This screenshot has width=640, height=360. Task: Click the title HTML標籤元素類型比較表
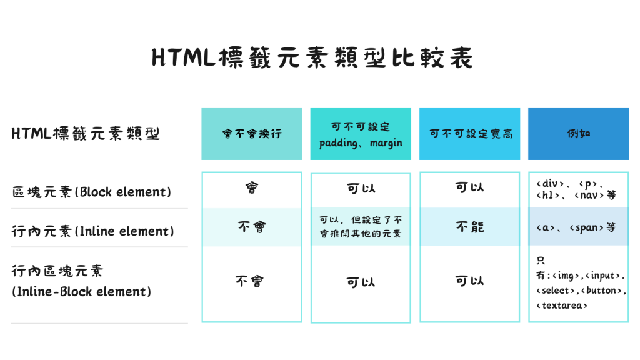[312, 57]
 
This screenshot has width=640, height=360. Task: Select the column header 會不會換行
[252, 133]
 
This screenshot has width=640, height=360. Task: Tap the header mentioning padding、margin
[361, 134]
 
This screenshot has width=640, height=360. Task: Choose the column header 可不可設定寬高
[470, 134]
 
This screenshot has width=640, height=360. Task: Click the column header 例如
[578, 134]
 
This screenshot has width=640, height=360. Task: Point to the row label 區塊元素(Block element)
[91, 192]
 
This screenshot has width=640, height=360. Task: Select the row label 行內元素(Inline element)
[92, 231]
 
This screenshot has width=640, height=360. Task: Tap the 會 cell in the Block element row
[251, 187]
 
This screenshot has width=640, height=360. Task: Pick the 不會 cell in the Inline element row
[251, 226]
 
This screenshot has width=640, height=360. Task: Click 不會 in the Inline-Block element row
[249, 281]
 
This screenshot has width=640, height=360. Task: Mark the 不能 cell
[470, 226]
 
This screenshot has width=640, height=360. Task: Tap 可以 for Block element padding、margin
[361, 188]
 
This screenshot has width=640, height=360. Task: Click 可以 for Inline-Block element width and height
[469, 281]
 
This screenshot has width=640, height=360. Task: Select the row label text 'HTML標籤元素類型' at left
[86, 134]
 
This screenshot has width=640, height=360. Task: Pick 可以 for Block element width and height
[469, 187]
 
